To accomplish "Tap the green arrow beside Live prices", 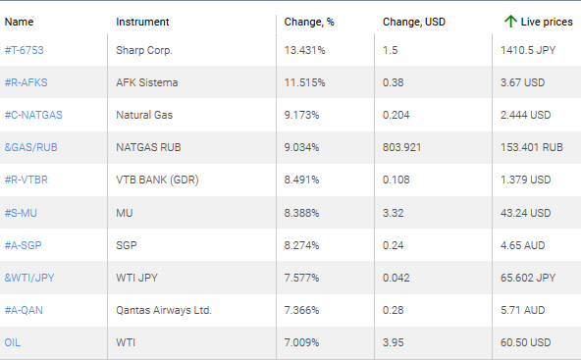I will point(509,21).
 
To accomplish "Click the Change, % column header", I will point(308,21).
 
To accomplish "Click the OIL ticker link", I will point(13,342).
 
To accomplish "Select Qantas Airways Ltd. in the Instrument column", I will point(163,310).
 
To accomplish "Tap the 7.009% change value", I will point(303,342).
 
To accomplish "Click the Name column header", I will point(20,21).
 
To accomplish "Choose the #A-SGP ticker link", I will point(26,245).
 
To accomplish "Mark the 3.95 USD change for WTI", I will point(393,342).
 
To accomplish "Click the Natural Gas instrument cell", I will point(144,116).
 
